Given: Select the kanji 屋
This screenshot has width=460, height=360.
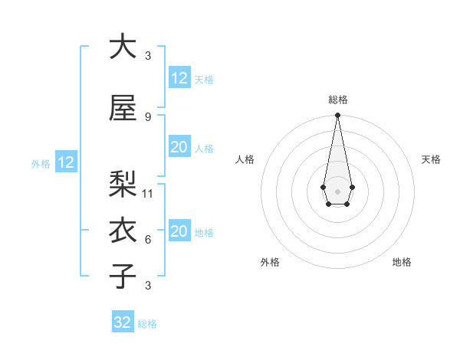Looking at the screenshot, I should point(123,108).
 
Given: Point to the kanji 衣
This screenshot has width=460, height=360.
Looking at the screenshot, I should point(123,230).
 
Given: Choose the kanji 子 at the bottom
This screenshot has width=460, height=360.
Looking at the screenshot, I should point(123,276).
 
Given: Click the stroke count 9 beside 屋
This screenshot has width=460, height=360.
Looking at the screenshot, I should point(147,116).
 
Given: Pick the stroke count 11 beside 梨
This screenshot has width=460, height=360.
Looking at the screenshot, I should point(149,193).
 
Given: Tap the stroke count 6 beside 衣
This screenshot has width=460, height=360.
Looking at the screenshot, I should point(147,239).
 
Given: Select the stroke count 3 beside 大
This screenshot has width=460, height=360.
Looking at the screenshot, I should point(147,55).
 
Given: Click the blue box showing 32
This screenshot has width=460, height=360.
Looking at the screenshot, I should point(123,322).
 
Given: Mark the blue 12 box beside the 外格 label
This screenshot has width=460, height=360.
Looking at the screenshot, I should point(65,162).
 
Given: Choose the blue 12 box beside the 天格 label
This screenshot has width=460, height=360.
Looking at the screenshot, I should point(179,78).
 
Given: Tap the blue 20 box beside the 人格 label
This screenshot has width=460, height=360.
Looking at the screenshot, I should point(179,147).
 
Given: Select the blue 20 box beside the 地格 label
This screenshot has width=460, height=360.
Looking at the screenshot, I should point(179,231).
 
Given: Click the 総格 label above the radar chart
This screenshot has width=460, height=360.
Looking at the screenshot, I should point(338,100).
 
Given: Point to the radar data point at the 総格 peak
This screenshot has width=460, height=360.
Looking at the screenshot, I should point(337,116).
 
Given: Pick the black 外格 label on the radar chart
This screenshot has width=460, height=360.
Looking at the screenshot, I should point(270,262).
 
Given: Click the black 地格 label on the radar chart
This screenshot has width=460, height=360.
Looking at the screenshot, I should point(402,262).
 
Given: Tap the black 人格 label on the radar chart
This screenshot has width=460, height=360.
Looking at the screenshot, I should point(245,159).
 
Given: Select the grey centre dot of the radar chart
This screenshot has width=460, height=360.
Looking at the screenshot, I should point(337,190).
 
